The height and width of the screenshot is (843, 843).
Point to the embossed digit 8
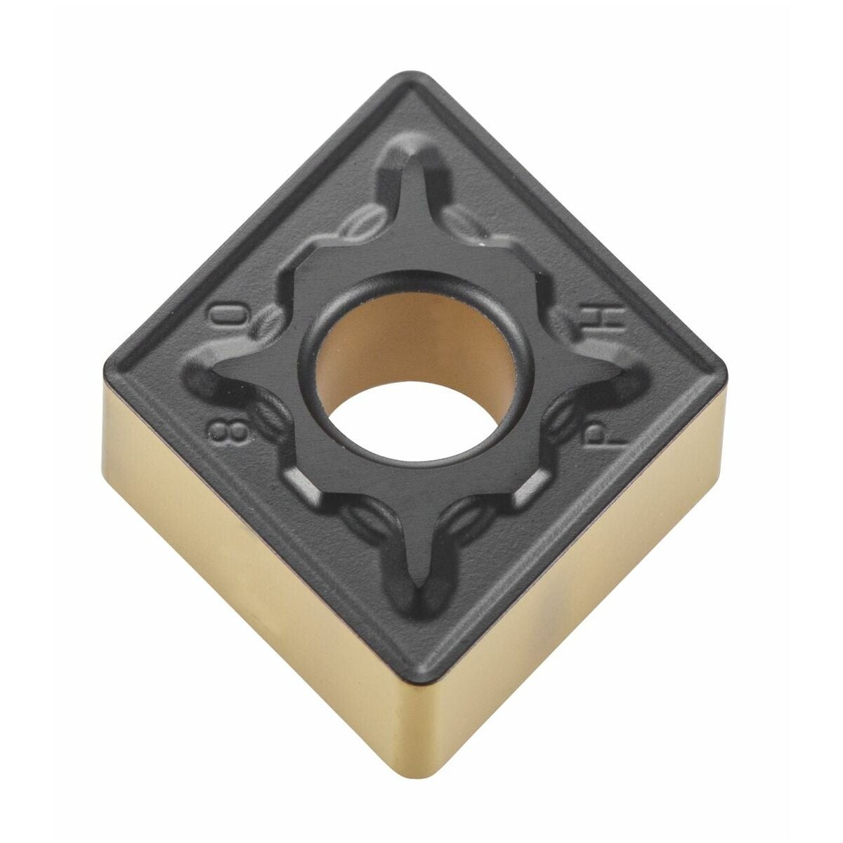pos(229,432)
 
